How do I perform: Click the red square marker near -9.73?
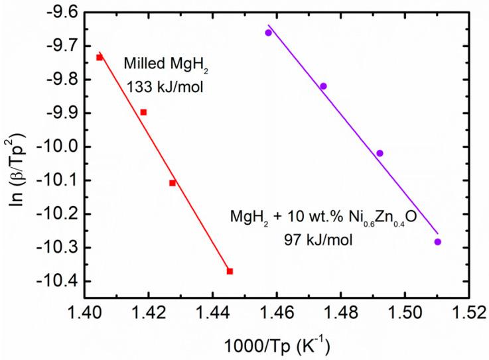coord(100,58)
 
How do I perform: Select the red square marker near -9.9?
coord(143,112)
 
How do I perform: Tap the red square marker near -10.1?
coord(173,182)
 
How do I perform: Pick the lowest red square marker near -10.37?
coord(230,271)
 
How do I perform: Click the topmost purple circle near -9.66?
coord(269,32)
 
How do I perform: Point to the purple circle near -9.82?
coord(323,86)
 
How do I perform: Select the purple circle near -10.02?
coord(380,153)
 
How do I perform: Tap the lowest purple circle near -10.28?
coord(437,242)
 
